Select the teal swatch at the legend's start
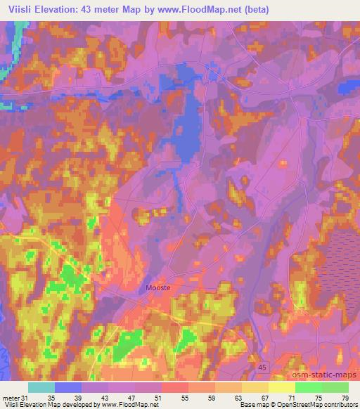pos(41,387)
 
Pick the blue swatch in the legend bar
pos(67,387)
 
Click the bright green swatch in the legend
pos(308,387)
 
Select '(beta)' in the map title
pos(261,9)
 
